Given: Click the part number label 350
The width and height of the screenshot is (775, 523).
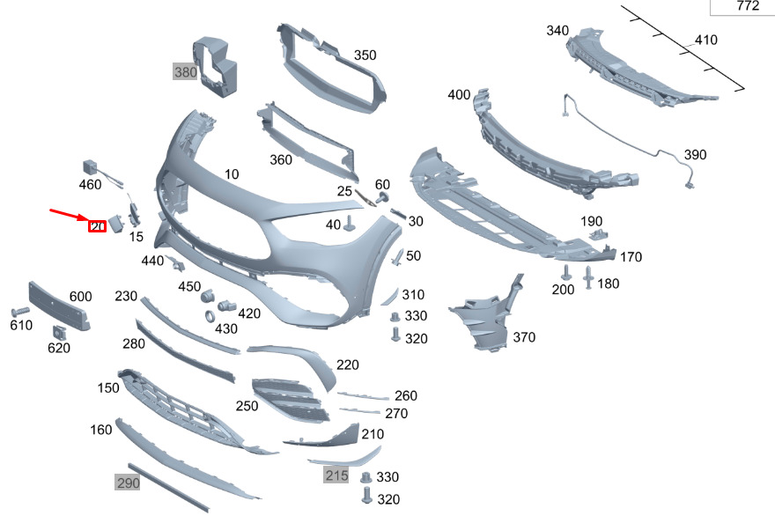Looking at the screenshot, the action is (365, 55).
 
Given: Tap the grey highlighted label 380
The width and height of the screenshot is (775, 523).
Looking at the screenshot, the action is (185, 72).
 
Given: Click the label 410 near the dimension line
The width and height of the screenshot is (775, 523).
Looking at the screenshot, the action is (705, 40).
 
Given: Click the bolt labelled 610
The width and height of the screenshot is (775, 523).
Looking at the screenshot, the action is (18, 312).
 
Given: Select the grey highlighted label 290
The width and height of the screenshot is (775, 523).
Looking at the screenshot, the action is (128, 482).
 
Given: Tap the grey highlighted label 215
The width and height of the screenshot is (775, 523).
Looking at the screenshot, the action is (336, 475).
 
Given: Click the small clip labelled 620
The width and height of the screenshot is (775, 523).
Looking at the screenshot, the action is (60, 332).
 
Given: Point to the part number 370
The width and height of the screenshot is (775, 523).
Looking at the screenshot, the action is (523, 337).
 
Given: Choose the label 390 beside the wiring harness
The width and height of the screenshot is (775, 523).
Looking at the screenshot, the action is (695, 155).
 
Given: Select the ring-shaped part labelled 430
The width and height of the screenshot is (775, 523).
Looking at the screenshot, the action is (211, 316).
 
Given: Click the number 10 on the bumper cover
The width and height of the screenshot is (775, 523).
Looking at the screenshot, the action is (231, 174).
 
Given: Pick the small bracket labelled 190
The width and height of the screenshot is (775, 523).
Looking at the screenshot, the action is (600, 234).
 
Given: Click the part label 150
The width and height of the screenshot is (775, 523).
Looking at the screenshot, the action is (108, 388).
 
